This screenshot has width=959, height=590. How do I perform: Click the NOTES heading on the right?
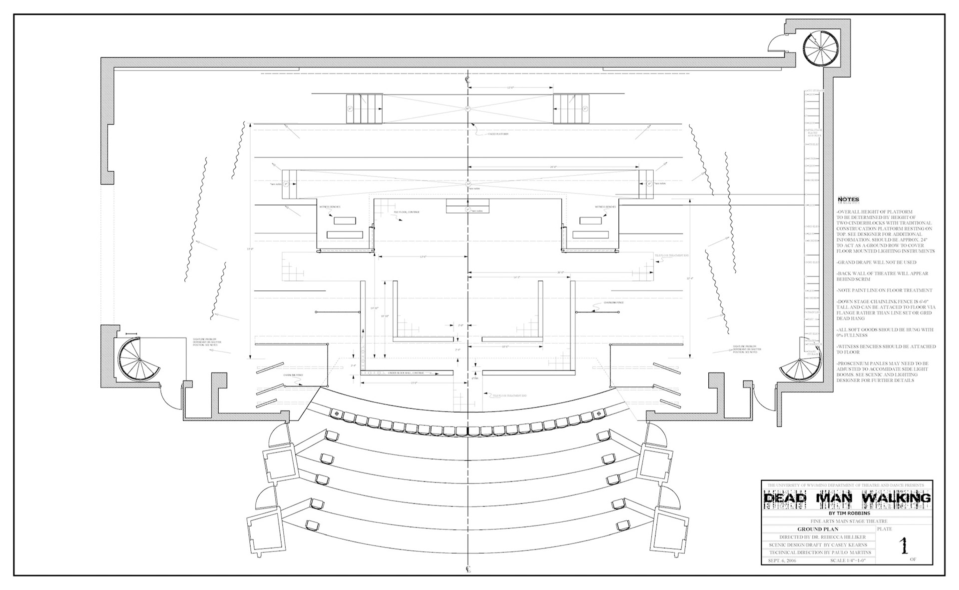tap(849, 199)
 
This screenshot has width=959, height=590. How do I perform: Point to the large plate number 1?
tap(903, 546)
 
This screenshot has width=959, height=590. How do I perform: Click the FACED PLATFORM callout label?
tap(498, 134)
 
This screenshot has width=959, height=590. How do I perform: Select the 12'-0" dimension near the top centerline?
tap(510, 87)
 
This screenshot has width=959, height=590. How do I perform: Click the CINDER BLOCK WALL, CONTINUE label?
tap(405, 373)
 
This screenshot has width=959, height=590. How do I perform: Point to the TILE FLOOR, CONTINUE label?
tap(407, 212)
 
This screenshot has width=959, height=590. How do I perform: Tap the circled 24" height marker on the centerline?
tap(468, 184)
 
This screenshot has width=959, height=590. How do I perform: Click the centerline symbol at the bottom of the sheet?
tap(468, 569)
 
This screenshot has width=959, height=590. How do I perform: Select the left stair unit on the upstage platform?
tap(365, 108)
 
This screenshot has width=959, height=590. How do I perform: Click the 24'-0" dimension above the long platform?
tap(553, 167)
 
